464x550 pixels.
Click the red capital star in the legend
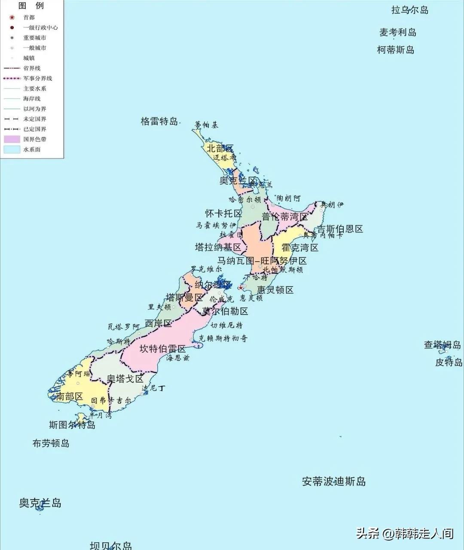point(12,18)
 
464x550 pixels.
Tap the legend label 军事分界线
point(38,79)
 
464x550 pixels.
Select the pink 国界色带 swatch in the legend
point(12,139)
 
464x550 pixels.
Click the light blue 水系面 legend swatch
point(12,150)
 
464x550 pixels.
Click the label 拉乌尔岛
point(409,10)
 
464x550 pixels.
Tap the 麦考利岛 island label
point(397,32)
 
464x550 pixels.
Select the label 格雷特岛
point(159,121)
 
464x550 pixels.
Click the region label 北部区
point(220,149)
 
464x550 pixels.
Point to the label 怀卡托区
point(223,214)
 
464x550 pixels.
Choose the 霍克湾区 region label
point(300,247)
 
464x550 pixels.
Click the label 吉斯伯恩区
point(340,229)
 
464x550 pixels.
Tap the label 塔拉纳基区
point(218,247)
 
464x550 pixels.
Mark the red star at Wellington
point(241,287)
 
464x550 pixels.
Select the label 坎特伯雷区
point(162,348)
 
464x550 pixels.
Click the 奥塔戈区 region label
point(125,379)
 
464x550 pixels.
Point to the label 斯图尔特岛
point(72,425)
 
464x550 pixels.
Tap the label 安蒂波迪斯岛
point(333,482)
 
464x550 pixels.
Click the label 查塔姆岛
point(442,345)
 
